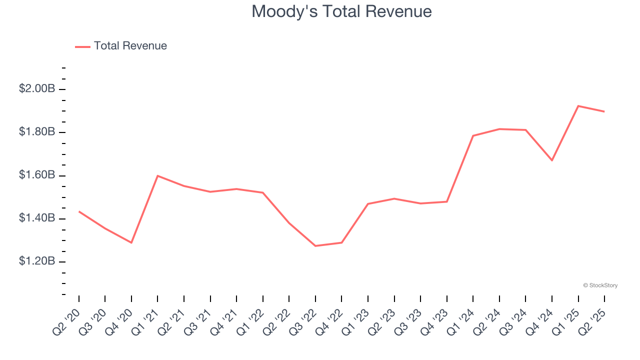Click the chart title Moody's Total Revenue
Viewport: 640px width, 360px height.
pyautogui.click(x=341, y=11)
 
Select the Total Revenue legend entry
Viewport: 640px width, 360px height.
pyautogui.click(x=130, y=46)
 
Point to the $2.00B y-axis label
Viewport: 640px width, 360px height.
pyautogui.click(x=37, y=89)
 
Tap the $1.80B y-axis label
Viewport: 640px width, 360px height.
pyautogui.click(x=37, y=132)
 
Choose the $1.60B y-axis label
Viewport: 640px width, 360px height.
pyautogui.click(x=37, y=175)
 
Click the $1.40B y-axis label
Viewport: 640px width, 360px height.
pyautogui.click(x=37, y=218)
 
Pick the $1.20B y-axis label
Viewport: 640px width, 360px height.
pyautogui.click(x=37, y=262)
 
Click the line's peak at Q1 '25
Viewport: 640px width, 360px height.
pyautogui.click(x=578, y=106)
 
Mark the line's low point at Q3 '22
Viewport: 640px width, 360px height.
pyautogui.click(x=315, y=246)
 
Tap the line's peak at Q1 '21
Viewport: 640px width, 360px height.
pyautogui.click(x=157, y=176)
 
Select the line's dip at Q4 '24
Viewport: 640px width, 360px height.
pyautogui.click(x=552, y=160)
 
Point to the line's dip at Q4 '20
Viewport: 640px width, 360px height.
pyautogui.click(x=131, y=242)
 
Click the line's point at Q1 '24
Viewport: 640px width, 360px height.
pyautogui.click(x=473, y=135)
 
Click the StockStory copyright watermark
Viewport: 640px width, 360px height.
pyautogui.click(x=600, y=285)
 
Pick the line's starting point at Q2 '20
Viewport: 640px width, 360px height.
pyautogui.click(x=79, y=211)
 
